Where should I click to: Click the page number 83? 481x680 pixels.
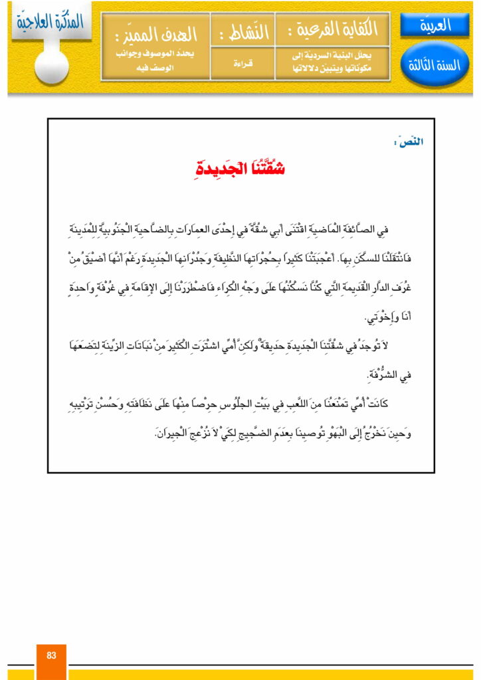[51, 655]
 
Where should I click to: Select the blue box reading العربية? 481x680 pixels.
[435, 26]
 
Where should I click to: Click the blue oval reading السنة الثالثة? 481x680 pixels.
[435, 64]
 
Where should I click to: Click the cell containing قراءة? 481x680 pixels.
[242, 64]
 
